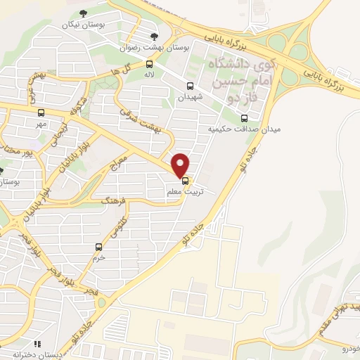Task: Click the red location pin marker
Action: click(181, 165)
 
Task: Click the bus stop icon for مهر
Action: click(40, 112)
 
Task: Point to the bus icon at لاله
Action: click(149, 64)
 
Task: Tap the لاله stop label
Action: click(149, 74)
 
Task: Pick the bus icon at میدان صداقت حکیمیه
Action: click(244, 118)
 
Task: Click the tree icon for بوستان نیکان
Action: click(84, 13)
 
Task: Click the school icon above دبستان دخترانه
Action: click(38, 344)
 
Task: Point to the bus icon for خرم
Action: click(98, 246)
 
